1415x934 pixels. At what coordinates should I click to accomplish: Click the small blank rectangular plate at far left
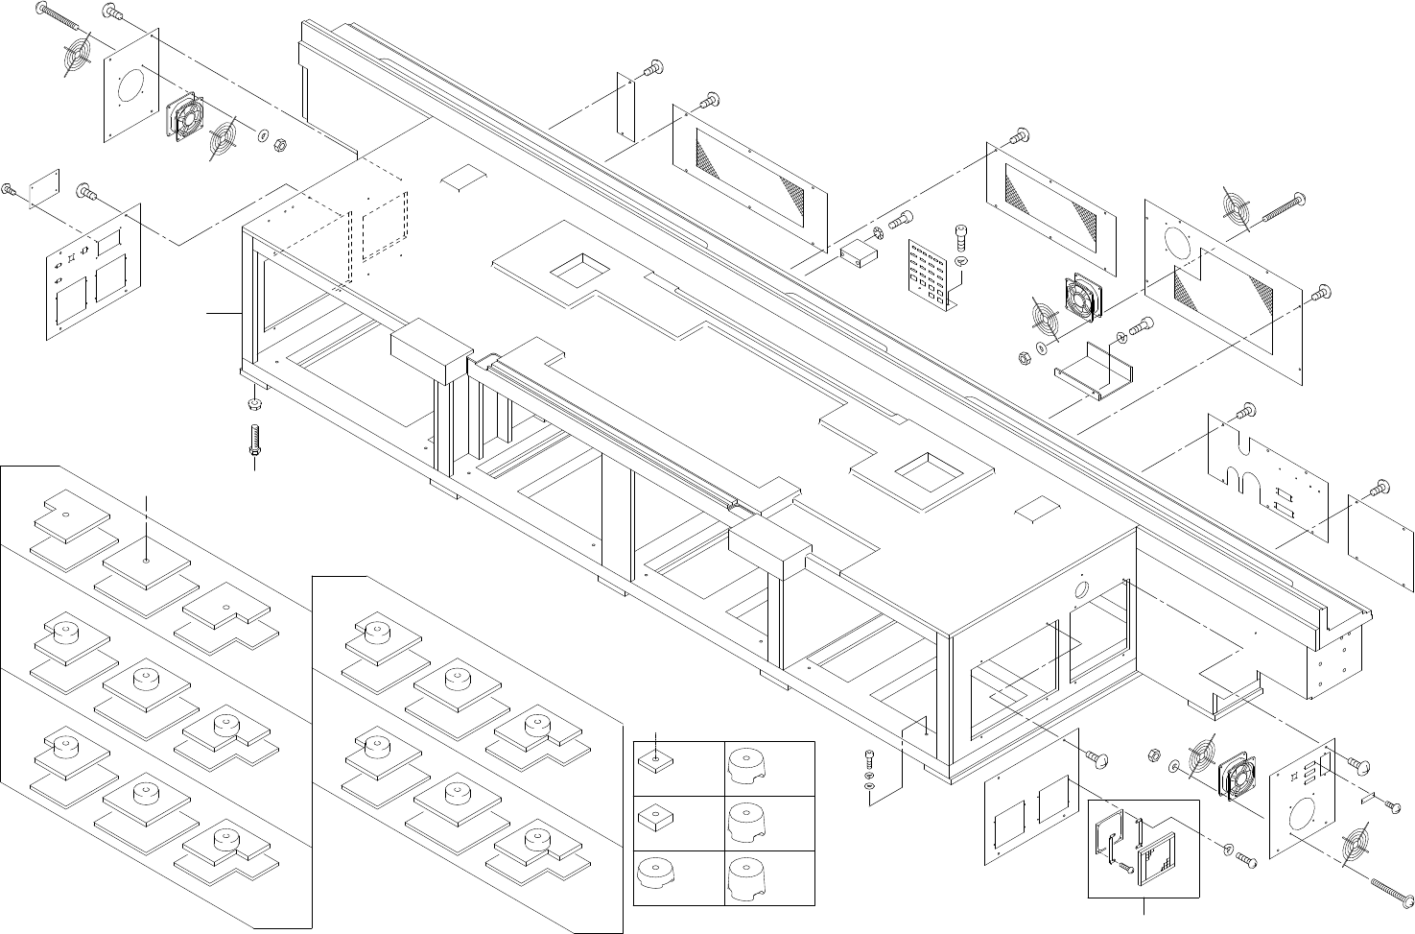pyautogui.click(x=44, y=187)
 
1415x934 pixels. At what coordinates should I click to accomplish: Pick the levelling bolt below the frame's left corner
pyautogui.click(x=255, y=441)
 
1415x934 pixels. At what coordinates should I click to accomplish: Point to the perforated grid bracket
pyautogui.click(x=931, y=272)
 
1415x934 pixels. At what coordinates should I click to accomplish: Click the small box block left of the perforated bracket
pyautogui.click(x=858, y=252)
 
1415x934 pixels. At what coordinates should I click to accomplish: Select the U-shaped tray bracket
pyautogui.click(x=1088, y=371)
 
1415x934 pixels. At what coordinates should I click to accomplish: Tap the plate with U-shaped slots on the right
pyautogui.click(x=1266, y=469)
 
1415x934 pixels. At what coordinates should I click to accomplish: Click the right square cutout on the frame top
pyautogui.click(x=929, y=470)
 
